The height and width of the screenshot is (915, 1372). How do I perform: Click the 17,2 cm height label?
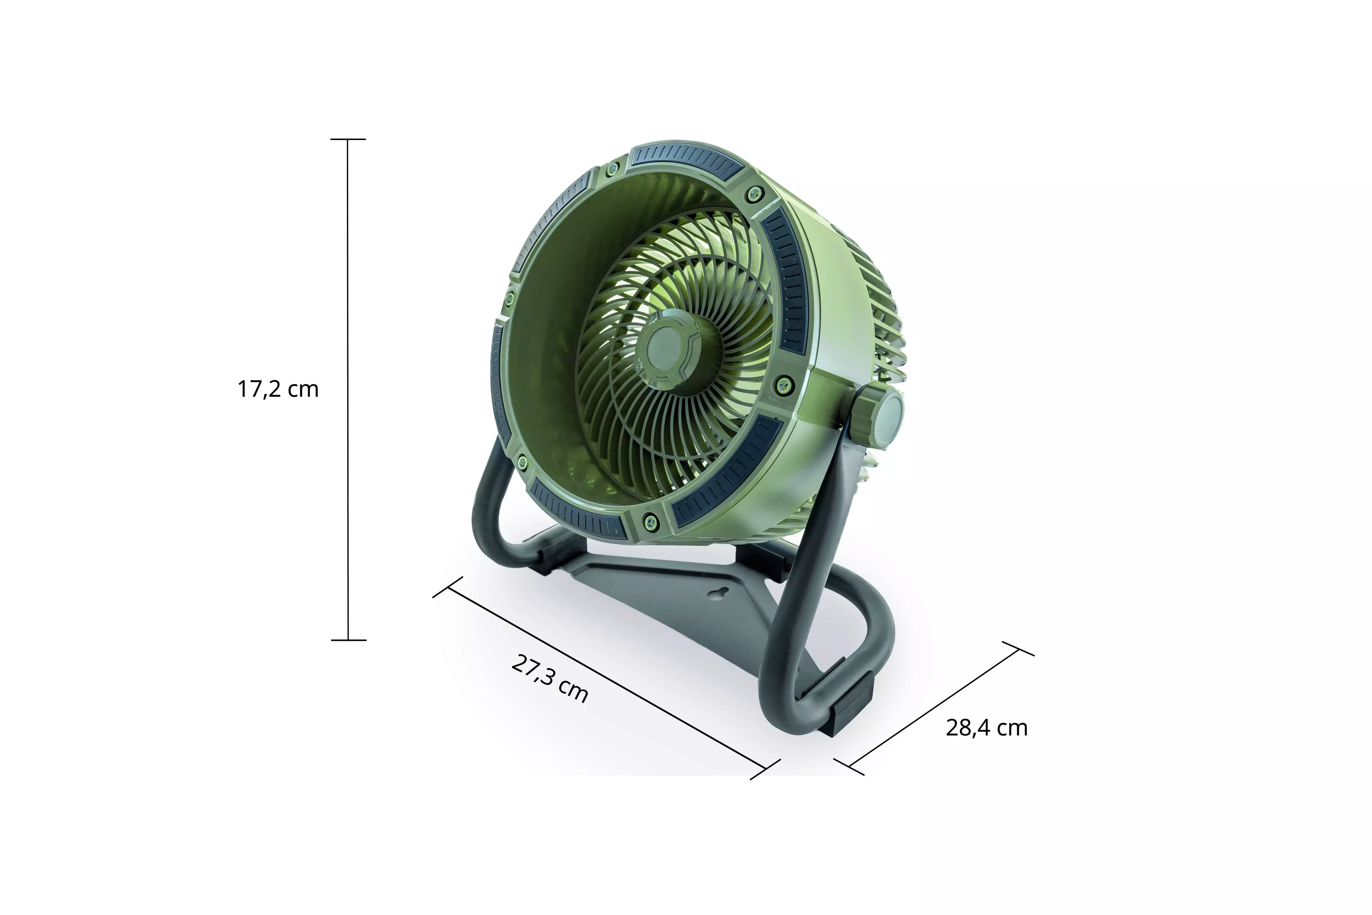(278, 389)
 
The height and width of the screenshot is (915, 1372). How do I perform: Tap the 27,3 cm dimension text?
(550, 679)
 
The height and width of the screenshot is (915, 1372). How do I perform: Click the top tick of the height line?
(348, 139)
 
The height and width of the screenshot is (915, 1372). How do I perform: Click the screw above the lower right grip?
(783, 384)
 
